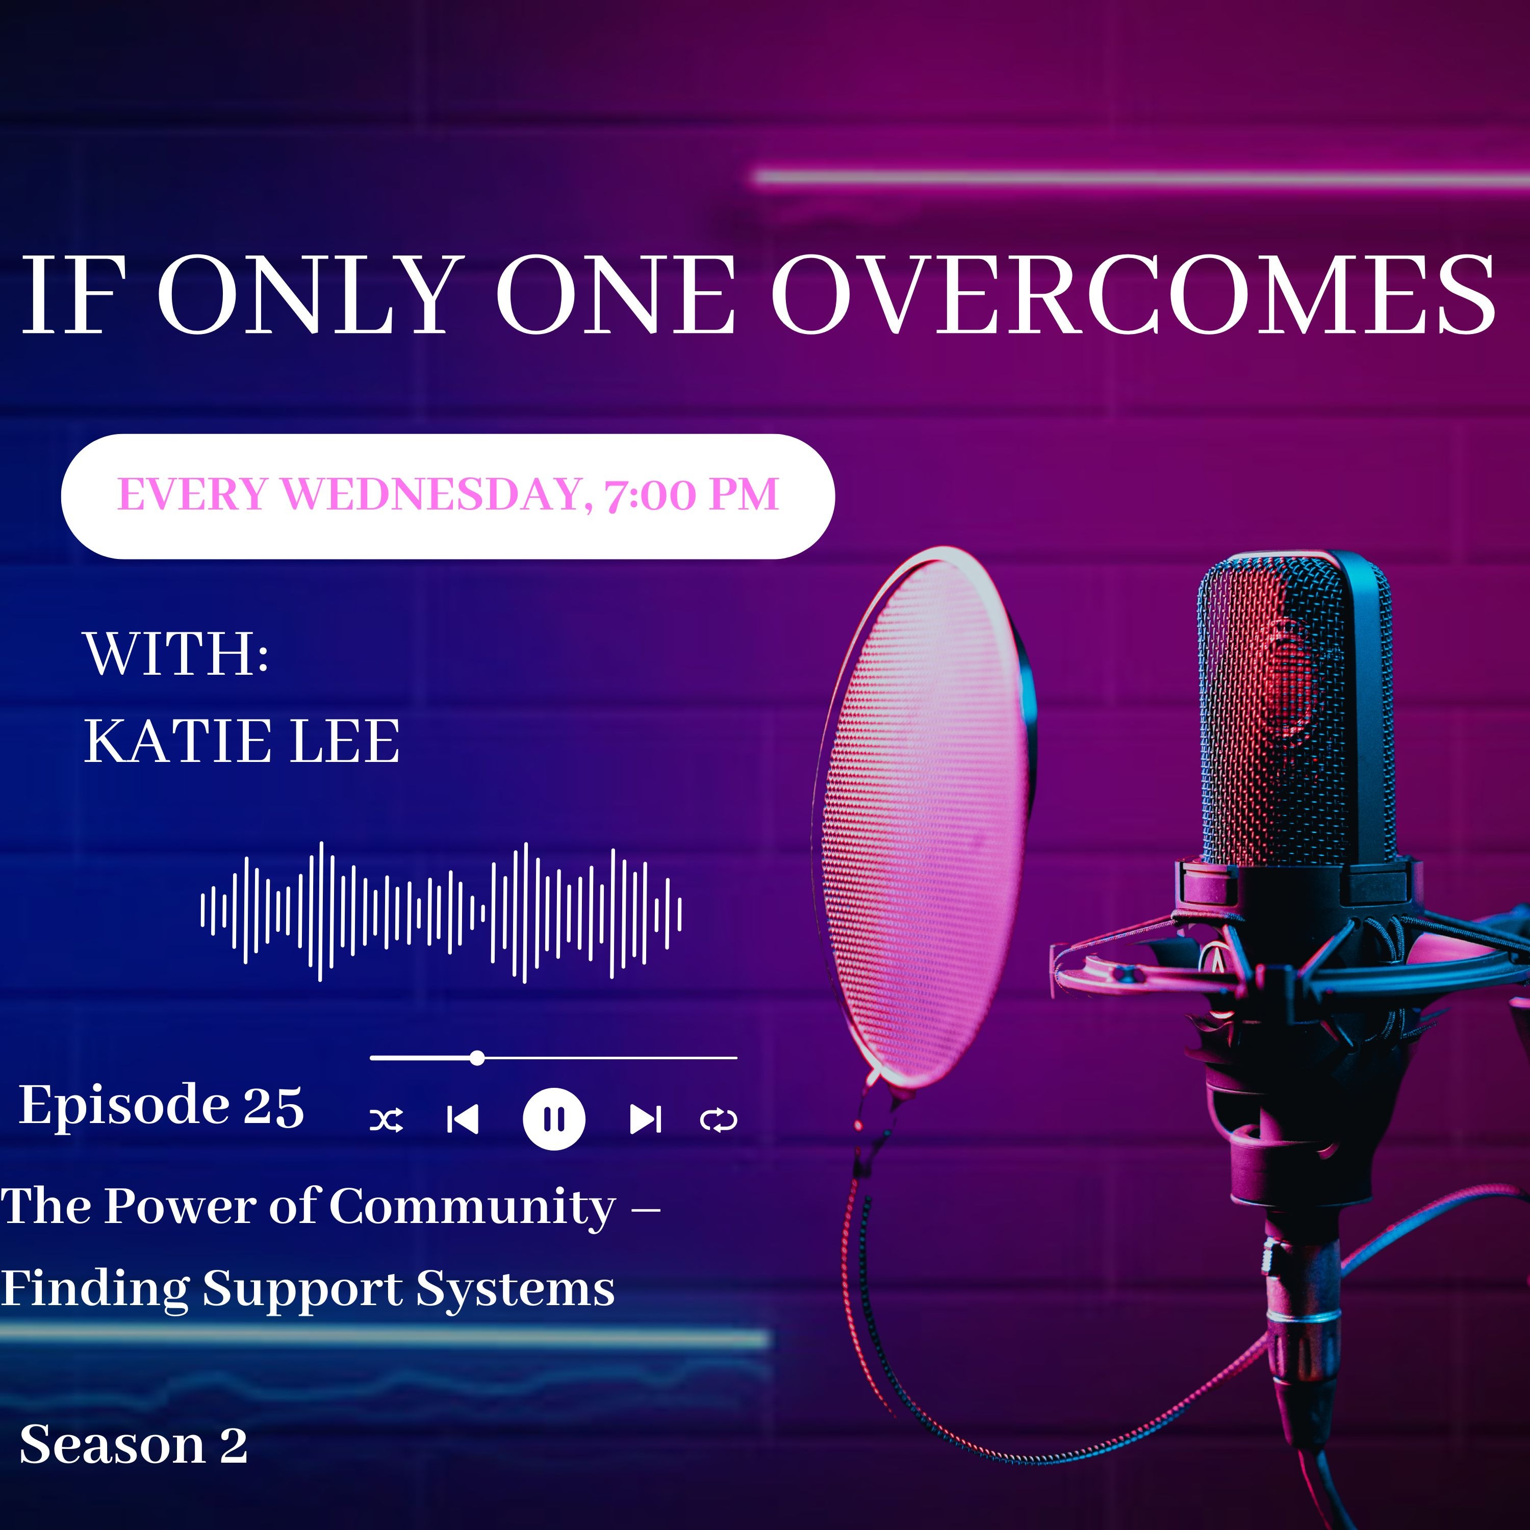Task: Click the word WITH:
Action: point(176,654)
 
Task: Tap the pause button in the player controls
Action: point(554,1119)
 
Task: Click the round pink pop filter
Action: point(923,815)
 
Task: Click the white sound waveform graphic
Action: point(441,911)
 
